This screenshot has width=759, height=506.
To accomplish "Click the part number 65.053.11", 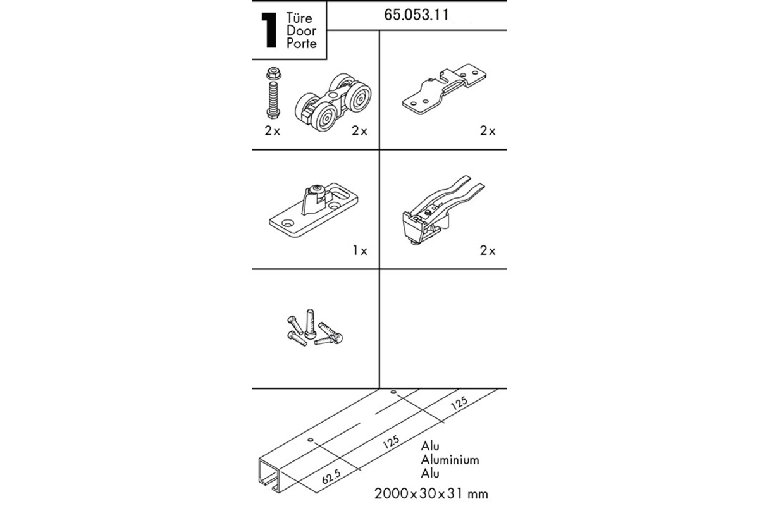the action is tap(416, 15).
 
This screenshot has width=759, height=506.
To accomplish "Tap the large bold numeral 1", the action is tap(269, 30).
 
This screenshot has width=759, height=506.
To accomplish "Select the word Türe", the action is tap(299, 18).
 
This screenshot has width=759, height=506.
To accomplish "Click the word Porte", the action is tap(302, 44).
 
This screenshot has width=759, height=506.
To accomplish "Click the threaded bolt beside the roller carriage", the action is tap(273, 100).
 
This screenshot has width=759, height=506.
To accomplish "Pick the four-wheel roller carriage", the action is tap(333, 102).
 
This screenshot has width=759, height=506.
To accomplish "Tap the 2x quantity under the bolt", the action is tap(273, 131).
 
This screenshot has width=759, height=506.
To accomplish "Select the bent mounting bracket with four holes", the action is tap(444, 89).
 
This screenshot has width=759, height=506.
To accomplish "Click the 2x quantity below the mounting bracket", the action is tap(488, 131).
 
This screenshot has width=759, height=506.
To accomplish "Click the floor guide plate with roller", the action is tap(314, 210).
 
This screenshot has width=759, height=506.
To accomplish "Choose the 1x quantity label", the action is tap(360, 251).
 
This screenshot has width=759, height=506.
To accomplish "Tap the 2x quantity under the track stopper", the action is tap(488, 251).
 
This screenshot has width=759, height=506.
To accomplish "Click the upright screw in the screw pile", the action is tap(310, 324).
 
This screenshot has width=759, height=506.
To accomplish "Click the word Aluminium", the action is tap(450, 460).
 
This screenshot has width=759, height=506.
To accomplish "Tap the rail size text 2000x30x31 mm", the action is tap(431, 494).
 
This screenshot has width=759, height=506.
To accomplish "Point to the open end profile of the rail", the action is tap(270, 475).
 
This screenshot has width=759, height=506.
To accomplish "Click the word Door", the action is tap(301, 30).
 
